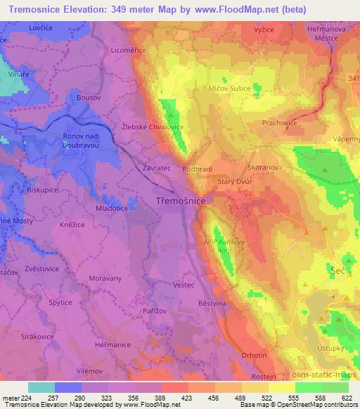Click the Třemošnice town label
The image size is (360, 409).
pos(180,201)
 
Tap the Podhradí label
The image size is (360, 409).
pos(198,169)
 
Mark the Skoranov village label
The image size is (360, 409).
pos(264,169)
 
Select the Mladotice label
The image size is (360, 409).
pos(112,209)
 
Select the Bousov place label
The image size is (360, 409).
pos(89,96)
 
